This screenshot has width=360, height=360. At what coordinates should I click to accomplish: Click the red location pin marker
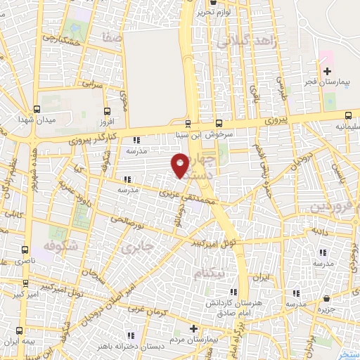[x=180, y=164]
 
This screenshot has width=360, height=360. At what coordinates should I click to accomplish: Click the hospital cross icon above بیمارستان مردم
[x=193, y=328]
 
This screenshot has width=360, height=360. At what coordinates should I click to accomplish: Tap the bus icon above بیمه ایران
[x=20, y=329]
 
